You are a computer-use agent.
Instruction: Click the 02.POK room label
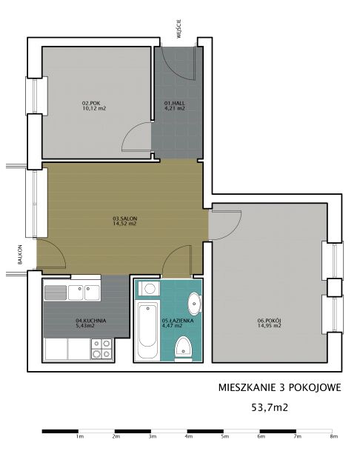[92, 102]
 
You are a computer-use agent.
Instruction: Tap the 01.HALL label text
[174, 102]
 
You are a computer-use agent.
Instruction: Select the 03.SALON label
[124, 218]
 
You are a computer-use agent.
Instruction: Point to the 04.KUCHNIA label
[90, 321]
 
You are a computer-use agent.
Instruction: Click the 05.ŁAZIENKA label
[173, 321]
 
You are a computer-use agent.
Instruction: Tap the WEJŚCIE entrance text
[179, 29]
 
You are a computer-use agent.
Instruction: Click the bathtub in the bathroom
[147, 331]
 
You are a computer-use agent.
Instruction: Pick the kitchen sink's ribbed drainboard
[56, 293]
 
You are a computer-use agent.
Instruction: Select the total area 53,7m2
[270, 407]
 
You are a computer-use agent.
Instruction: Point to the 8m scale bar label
[333, 437]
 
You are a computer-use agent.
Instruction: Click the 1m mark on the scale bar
[79, 437]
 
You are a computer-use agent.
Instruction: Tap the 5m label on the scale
[224, 437]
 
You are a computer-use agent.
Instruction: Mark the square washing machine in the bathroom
[149, 290]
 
